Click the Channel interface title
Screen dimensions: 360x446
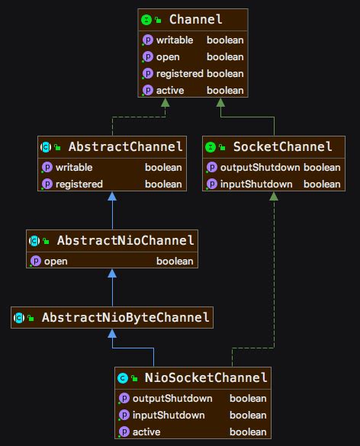[x=195, y=19]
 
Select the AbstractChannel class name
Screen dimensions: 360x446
[x=126, y=147]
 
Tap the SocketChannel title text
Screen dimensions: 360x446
[x=283, y=147]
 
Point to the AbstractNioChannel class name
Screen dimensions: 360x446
[x=126, y=240]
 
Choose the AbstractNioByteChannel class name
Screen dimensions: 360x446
[x=126, y=317]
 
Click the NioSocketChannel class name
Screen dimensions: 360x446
[x=206, y=377]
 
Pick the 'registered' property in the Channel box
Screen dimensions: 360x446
[x=180, y=74]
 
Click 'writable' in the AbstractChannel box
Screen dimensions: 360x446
[x=74, y=167]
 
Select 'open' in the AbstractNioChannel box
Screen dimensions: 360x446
[x=56, y=262]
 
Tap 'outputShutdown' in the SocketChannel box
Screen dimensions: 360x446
[x=260, y=167]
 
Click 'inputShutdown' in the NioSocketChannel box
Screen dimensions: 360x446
[x=169, y=416]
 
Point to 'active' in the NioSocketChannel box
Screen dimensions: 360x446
[x=146, y=432]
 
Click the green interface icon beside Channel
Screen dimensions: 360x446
[x=146, y=20]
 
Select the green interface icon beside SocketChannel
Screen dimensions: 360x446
[x=211, y=147]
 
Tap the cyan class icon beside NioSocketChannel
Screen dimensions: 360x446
[x=123, y=378]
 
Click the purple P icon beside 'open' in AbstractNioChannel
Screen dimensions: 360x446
[x=36, y=261]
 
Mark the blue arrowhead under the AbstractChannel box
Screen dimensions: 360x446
[x=112, y=196]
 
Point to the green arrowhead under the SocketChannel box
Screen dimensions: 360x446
[x=274, y=196]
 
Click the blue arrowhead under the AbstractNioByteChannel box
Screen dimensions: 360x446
[x=112, y=333]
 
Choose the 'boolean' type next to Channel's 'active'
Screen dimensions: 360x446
[x=225, y=91]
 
